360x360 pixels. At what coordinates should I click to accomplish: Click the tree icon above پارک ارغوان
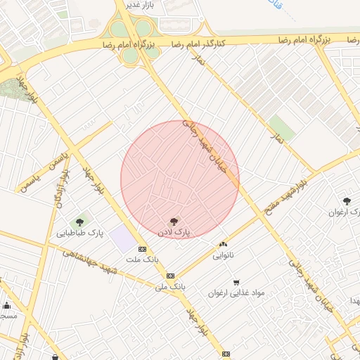click(347, 201)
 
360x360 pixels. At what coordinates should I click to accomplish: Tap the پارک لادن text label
click(173, 231)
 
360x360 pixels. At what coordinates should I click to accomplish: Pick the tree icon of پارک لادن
click(174, 221)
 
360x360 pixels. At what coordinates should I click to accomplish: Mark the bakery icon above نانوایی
click(224, 244)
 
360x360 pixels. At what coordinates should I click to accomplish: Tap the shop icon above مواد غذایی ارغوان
click(236, 283)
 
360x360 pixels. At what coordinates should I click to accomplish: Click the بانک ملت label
click(143, 259)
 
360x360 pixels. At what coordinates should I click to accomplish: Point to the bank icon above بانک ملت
click(143, 249)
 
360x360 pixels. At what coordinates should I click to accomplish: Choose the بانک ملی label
click(170, 287)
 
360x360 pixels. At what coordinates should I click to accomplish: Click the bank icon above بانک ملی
click(170, 276)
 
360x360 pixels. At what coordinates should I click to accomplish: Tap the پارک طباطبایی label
click(80, 233)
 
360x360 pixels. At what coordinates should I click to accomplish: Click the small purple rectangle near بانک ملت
click(124, 238)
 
